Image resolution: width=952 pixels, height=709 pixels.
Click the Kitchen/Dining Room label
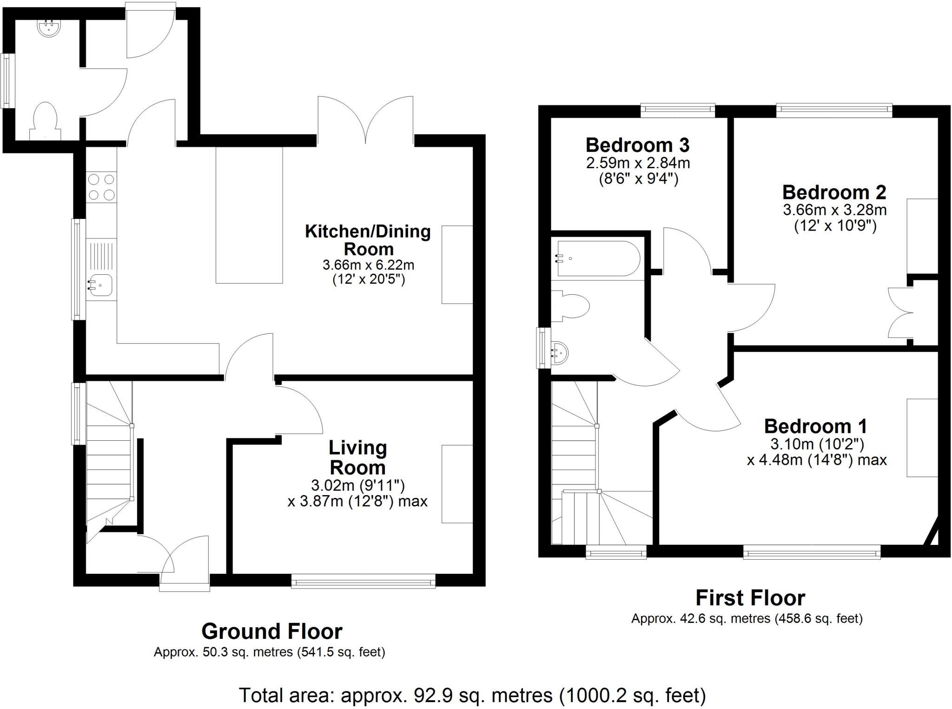point(368,240)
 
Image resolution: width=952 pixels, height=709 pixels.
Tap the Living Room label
point(357,457)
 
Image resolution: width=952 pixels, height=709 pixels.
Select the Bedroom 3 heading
point(637,145)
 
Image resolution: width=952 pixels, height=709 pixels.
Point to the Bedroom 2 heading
point(834,192)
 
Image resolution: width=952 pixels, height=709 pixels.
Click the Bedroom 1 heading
point(815,426)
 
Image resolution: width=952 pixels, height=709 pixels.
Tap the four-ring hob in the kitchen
point(101,187)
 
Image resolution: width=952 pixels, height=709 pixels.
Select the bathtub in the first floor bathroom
point(599,258)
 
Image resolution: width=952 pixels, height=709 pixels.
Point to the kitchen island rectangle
point(249,215)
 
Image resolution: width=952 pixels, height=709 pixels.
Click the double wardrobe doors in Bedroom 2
point(900,312)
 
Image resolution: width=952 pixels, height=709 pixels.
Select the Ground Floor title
point(271,631)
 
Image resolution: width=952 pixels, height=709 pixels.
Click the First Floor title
point(750,598)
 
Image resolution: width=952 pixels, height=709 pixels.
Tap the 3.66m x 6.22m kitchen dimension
point(368,265)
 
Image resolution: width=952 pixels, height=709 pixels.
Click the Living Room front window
point(363,581)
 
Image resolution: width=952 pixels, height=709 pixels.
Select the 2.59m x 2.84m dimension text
point(638,163)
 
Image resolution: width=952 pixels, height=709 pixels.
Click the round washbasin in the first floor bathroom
point(560,352)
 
